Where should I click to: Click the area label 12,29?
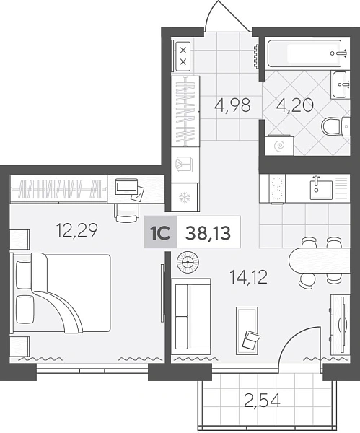(x=77, y=231)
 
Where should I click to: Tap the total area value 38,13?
(x=208, y=233)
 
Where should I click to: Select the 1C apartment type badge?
(x=160, y=233)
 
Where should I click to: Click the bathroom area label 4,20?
(x=295, y=105)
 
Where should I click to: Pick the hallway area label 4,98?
(x=232, y=105)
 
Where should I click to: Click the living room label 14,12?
(x=249, y=278)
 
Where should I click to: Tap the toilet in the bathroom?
(x=336, y=127)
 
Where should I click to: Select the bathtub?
(x=304, y=53)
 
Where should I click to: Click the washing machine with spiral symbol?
(x=279, y=145)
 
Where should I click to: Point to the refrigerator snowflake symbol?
(x=183, y=197)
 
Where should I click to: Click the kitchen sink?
(x=321, y=189)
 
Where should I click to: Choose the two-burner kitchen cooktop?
(x=277, y=189)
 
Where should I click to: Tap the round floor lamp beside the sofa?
(x=188, y=262)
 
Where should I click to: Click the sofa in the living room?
(x=190, y=316)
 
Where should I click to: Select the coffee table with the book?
(x=247, y=331)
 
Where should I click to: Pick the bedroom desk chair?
(x=126, y=213)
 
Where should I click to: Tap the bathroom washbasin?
(x=340, y=84)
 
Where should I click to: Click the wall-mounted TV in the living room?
(x=343, y=325)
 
